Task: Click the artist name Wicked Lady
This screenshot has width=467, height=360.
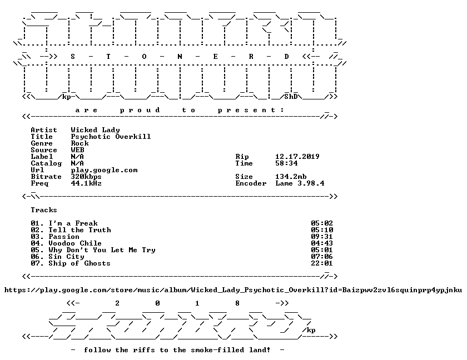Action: tap(95, 130)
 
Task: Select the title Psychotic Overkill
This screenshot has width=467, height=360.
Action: tap(111, 137)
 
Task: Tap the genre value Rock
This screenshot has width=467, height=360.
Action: tap(80, 143)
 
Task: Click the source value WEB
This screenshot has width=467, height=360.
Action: tap(77, 150)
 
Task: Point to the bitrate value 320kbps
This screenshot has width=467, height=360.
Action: tap(86, 177)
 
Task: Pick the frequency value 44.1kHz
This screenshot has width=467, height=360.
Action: tap(86, 183)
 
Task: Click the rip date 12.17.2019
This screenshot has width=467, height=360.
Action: tap(297, 157)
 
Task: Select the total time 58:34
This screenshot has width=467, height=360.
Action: tap(286, 163)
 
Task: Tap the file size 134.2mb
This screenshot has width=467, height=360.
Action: tap(291, 177)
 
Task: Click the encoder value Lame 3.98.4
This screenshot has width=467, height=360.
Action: tap(300, 183)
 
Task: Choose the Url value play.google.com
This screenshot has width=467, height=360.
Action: tap(105, 170)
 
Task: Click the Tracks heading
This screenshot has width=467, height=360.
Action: tap(44, 210)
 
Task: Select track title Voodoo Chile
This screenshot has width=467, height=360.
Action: tap(75, 243)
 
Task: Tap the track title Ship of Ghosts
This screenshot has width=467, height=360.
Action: tap(80, 263)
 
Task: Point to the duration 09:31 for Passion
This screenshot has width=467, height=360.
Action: tap(322, 237)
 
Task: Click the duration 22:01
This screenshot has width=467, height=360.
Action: tap(322, 263)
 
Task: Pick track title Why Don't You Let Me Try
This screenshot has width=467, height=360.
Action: tap(102, 250)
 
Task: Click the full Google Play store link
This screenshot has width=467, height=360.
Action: tap(233, 290)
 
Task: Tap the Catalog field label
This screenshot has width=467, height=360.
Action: tap(46, 163)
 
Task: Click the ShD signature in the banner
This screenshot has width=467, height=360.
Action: tap(291, 97)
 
